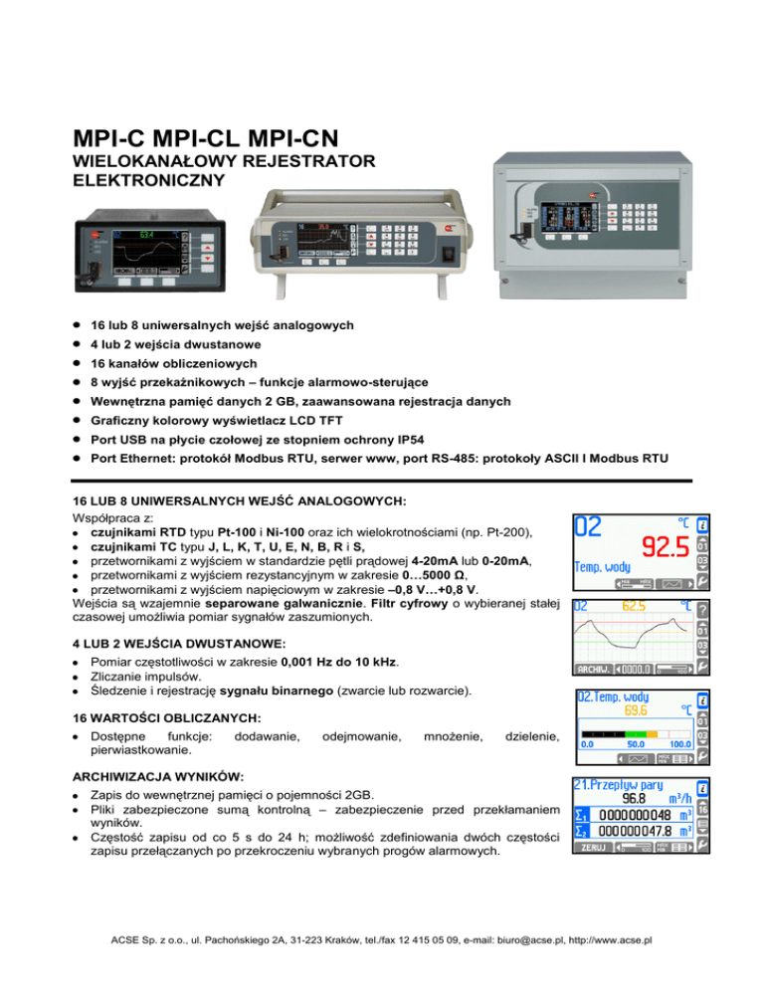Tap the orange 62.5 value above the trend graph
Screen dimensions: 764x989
pyautogui.click(x=637, y=605)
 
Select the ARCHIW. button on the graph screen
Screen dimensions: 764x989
pyautogui.click(x=595, y=669)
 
